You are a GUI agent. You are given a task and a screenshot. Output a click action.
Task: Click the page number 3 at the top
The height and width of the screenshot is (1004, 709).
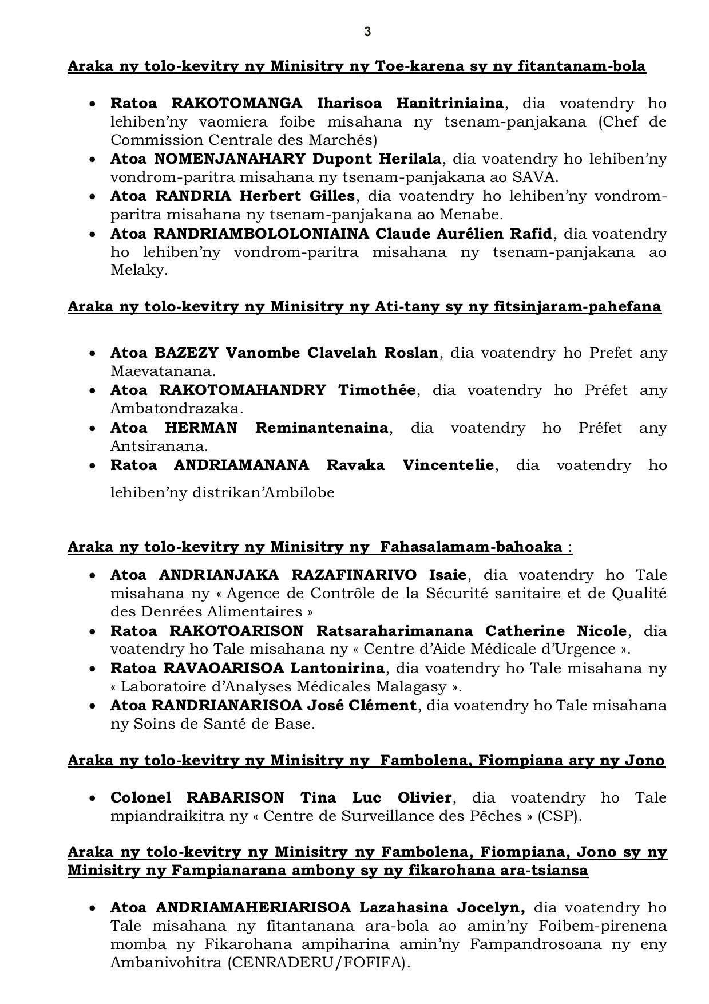pyautogui.click(x=367, y=32)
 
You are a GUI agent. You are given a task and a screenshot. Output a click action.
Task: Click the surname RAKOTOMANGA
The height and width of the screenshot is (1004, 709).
pyautogui.click(x=237, y=103)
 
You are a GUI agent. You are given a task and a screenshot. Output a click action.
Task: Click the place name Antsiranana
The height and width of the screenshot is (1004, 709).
pyautogui.click(x=159, y=446)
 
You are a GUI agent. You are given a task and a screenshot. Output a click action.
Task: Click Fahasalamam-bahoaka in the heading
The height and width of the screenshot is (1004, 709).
pyautogui.click(x=471, y=547)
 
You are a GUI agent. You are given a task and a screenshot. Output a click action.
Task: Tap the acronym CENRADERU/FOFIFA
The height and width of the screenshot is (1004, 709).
pyautogui.click(x=318, y=963)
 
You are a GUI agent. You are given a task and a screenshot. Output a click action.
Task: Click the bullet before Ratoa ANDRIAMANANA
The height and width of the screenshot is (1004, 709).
pyautogui.click(x=92, y=465)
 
